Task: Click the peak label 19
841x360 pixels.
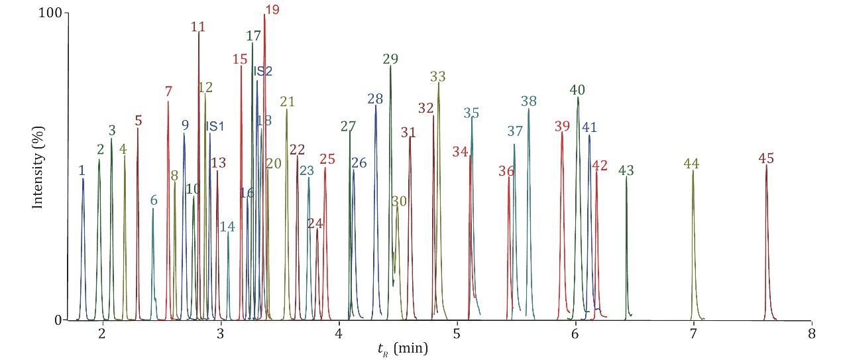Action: coord(272,9)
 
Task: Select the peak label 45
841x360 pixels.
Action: coord(766,158)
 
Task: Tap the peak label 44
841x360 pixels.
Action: coord(691,163)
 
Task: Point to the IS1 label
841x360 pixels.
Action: coord(215,126)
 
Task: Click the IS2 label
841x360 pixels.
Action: coord(263,71)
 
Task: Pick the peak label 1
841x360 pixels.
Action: coord(82,170)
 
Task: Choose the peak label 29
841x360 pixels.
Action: coord(390,59)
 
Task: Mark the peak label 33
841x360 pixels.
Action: coord(437,76)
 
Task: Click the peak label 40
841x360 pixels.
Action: coord(577,90)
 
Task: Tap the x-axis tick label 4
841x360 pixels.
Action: coord(339,334)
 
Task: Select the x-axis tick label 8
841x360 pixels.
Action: coord(812,334)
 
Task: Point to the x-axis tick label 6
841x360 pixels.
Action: coord(575,334)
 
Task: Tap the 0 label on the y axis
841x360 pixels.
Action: coord(58,320)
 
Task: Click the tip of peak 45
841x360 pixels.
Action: coord(766,166)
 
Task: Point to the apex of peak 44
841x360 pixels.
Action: coord(693,171)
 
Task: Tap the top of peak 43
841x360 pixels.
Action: coord(626,177)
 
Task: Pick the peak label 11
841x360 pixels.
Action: coord(197,27)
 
